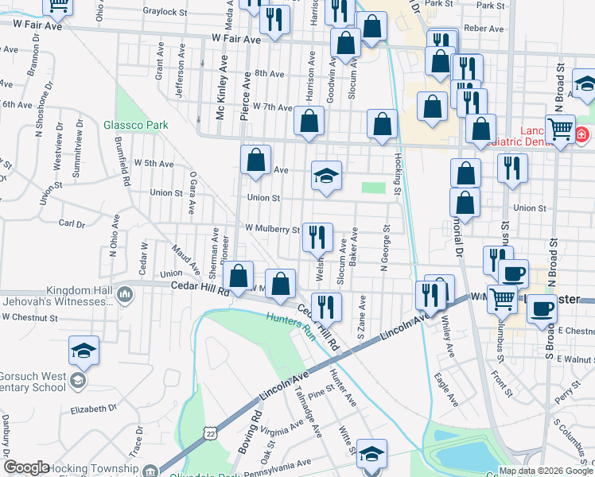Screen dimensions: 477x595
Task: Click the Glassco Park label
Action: click(x=135, y=125)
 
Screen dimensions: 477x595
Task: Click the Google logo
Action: click(x=26, y=467)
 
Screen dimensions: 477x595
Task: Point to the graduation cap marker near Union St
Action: click(x=325, y=176)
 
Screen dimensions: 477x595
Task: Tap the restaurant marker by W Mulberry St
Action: click(x=317, y=235)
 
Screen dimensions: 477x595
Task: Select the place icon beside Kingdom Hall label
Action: click(x=125, y=296)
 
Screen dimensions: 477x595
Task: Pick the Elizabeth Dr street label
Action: click(x=94, y=409)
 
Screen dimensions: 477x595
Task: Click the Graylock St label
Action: click(x=164, y=11)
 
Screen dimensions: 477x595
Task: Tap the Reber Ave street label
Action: click(x=484, y=29)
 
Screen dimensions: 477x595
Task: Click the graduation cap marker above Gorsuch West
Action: click(x=84, y=350)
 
